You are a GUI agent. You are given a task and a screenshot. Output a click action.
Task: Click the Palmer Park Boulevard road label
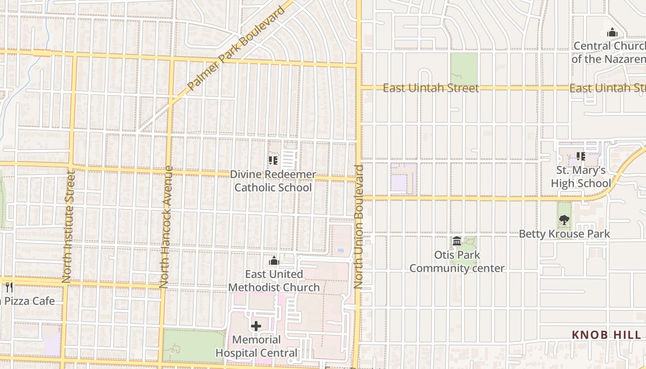point(237,49)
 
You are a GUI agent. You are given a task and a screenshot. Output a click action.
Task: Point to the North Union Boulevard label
point(359,227)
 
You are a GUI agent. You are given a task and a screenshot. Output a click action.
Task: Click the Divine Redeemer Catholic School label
point(273,181)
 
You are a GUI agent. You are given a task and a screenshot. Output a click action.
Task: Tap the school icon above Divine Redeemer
point(273,161)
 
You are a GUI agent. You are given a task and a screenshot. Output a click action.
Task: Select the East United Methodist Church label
point(274,280)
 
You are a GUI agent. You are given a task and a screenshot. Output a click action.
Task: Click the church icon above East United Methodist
point(274,261)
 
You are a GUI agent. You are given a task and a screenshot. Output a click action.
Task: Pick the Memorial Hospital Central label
point(256,346)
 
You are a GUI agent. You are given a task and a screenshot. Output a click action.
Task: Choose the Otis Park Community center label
point(457,262)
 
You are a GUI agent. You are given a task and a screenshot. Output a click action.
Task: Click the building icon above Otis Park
point(457,241)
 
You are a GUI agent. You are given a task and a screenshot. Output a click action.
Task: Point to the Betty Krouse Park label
point(564,234)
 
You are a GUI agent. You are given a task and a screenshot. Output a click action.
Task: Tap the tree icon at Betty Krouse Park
point(564,220)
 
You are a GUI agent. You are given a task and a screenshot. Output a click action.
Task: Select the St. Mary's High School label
point(580,177)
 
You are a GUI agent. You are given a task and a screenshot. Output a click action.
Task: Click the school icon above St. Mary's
point(580,157)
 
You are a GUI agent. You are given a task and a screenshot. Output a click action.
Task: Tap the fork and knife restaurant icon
point(9,287)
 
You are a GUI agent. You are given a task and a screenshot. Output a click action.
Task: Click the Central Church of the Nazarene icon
point(612,32)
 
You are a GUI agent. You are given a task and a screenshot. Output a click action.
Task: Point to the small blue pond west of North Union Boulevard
point(341,250)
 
